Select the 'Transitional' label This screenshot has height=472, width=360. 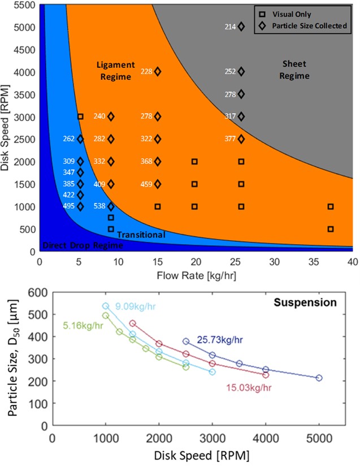(141, 235)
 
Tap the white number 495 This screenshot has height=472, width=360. (68, 206)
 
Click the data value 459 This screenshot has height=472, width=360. (146, 184)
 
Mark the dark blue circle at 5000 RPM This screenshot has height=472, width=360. (319, 393)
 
